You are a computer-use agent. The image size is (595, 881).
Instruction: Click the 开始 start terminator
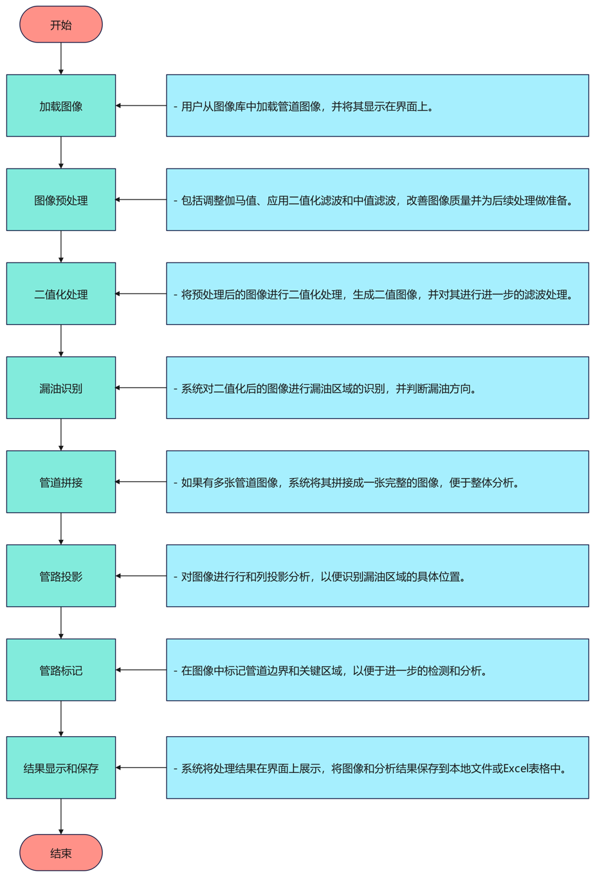coord(61,25)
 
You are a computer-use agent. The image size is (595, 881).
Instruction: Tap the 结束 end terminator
coord(61,853)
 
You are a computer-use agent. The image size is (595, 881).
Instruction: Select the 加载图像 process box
coord(61,106)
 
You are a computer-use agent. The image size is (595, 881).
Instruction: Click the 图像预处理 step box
coord(61,199)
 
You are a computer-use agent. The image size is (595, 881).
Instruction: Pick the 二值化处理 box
coord(61,293)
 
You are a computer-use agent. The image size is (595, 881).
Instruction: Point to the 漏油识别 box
coord(61,387)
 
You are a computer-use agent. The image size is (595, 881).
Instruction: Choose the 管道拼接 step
coord(61,481)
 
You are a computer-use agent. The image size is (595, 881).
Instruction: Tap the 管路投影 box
coord(61,576)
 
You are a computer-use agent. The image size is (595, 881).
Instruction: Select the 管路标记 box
coord(61,670)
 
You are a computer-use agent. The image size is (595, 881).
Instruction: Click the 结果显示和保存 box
coord(61,768)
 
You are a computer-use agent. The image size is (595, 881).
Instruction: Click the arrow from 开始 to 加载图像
coord(61,59)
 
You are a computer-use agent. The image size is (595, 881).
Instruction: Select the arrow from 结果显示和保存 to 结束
coord(61,817)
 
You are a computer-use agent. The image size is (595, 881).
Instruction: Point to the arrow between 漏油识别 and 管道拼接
coord(61,434)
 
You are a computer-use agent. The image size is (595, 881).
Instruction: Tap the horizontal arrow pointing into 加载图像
coord(141,106)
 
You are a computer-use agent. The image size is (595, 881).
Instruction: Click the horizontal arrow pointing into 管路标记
coord(141,670)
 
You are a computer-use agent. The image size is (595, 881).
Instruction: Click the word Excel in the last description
coord(516,768)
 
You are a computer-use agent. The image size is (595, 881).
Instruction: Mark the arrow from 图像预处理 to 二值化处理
coord(61,246)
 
